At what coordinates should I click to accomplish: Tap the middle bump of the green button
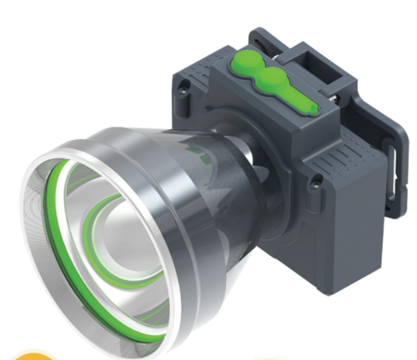(271, 80)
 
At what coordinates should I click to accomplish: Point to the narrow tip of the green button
(307, 107)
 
